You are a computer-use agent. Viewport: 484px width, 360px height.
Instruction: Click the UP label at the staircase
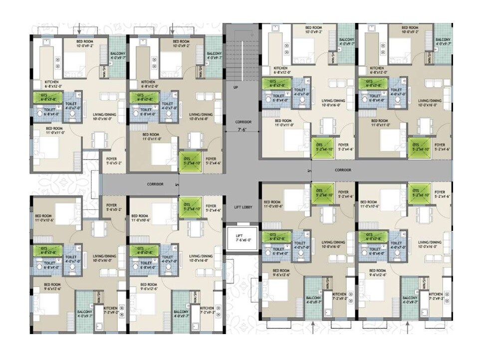point(236,88)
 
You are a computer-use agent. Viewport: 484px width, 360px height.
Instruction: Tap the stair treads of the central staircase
point(241,55)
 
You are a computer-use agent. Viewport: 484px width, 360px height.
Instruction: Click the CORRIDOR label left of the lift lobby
point(155,184)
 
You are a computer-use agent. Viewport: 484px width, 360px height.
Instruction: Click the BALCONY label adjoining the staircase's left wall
point(214,55)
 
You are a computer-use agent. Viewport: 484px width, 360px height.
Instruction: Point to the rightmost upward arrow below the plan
point(409,327)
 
